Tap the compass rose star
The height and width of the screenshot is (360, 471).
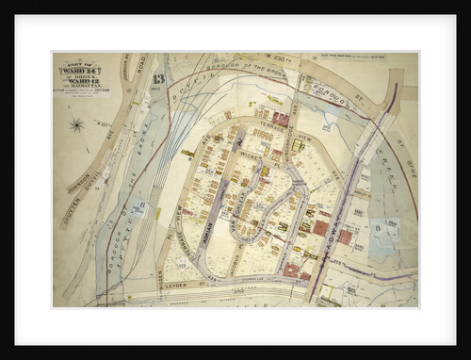click(77, 124)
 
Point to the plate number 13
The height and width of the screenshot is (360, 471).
click(157, 79)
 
